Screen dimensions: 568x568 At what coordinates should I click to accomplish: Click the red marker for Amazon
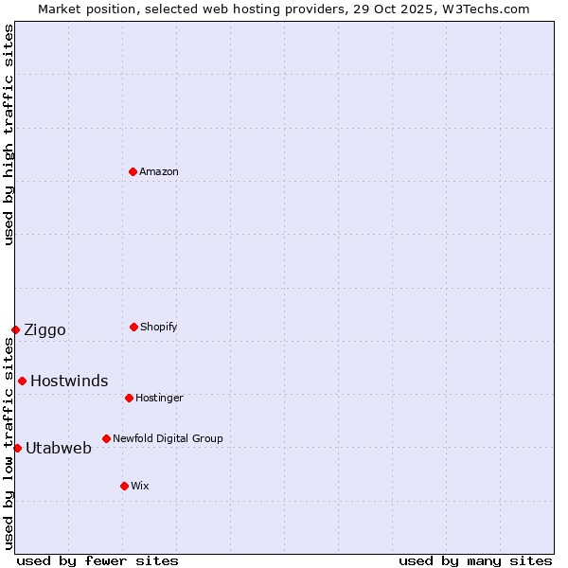tap(133, 171)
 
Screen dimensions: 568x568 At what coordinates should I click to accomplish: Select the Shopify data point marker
tap(133, 327)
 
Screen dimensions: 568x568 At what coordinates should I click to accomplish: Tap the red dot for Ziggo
tap(15, 329)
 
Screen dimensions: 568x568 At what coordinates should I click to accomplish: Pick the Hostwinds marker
tap(22, 381)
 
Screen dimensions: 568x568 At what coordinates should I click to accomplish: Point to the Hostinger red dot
tap(129, 398)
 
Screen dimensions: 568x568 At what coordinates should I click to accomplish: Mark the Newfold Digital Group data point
tap(106, 438)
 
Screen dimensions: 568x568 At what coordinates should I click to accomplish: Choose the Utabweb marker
tap(17, 448)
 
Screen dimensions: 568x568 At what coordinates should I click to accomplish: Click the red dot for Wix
tap(124, 486)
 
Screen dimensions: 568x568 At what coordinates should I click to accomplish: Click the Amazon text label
tap(159, 171)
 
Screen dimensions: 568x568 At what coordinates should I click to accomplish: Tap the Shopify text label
tap(159, 327)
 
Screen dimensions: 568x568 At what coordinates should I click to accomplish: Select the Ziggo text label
tap(44, 329)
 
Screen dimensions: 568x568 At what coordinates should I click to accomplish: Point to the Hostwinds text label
tap(69, 381)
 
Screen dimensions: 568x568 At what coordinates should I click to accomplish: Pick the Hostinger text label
tap(159, 398)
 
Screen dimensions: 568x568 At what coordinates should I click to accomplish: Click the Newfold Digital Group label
tap(168, 438)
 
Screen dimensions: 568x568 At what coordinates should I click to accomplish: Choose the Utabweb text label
tap(59, 448)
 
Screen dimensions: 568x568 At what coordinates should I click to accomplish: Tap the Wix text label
tap(140, 486)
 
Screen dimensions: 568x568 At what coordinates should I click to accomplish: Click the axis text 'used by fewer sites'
tap(98, 560)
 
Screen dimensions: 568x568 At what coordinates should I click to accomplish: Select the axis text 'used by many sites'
tap(475, 560)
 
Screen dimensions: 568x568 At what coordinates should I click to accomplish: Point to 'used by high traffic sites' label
tap(9, 134)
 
